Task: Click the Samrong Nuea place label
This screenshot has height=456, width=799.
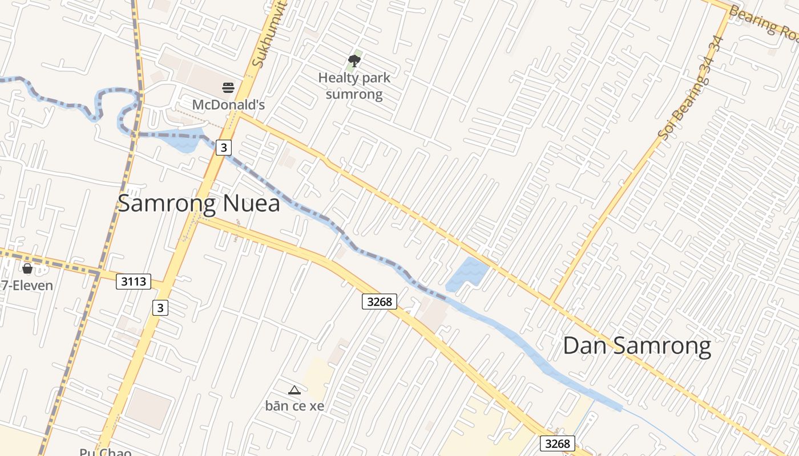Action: [199, 203]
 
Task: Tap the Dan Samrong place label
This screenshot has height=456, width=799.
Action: [637, 346]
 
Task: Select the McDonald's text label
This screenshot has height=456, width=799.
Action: [228, 105]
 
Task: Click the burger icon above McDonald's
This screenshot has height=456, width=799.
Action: [228, 88]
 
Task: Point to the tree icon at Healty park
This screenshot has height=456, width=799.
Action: [354, 60]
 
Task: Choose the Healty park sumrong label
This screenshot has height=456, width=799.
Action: [354, 85]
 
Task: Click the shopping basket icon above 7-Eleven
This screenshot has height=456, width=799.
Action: [27, 268]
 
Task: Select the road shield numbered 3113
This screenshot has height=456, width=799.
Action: [134, 281]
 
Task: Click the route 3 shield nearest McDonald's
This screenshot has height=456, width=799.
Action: [224, 148]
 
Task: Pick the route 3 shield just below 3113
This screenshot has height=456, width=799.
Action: [160, 308]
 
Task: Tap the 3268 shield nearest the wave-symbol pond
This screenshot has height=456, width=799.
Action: [379, 302]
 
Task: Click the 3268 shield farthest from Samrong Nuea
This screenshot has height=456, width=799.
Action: [557, 443]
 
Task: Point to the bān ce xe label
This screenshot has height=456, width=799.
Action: [294, 406]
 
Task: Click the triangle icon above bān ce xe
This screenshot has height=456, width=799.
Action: [294, 390]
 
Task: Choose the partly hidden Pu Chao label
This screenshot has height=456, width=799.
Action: [106, 452]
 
